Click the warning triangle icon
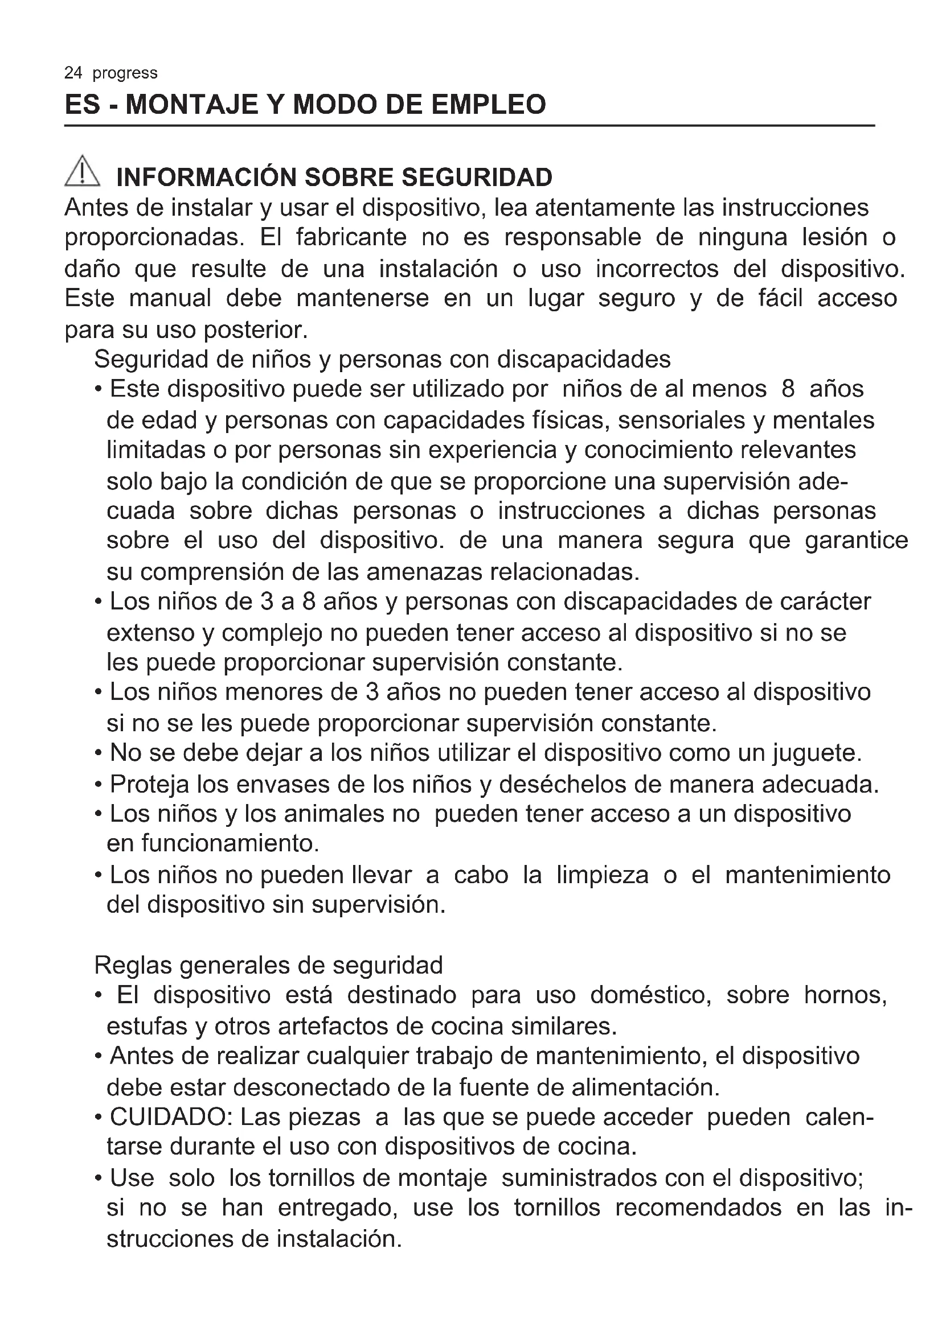[x=83, y=172]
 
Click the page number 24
[x=73, y=73]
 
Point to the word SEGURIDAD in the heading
[x=477, y=178]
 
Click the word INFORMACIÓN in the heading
[x=206, y=178]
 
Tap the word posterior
[x=255, y=330]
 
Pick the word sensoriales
[x=682, y=421]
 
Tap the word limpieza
[x=602, y=875]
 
